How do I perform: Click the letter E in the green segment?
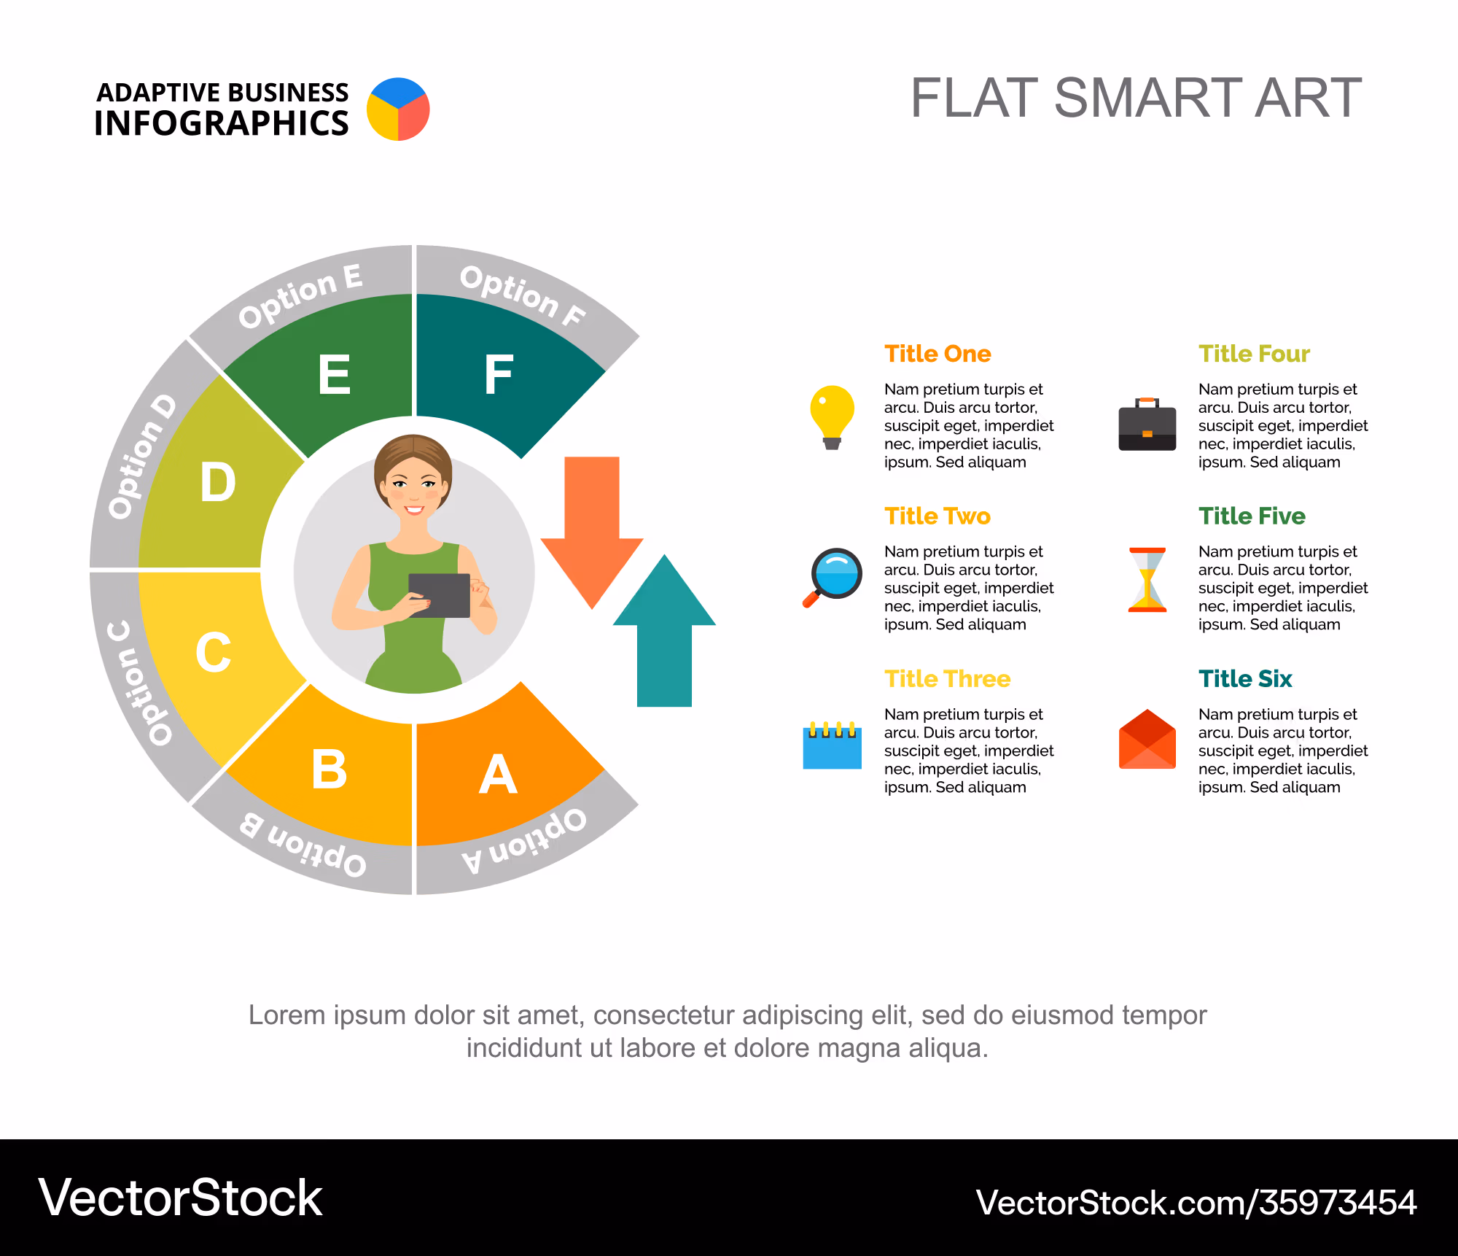click(335, 374)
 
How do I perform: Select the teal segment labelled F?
click(503, 365)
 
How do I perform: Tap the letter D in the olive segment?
click(218, 482)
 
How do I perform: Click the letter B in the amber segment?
click(329, 770)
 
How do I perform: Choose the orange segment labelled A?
click(503, 773)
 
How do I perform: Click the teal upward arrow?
click(664, 631)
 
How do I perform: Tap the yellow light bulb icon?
click(832, 416)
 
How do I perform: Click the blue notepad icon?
click(832, 745)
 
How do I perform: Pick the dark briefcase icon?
click(1147, 425)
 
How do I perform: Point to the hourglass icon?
click(1147, 579)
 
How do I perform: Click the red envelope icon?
click(1147, 740)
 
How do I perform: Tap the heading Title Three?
click(948, 679)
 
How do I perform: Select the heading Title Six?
click(1245, 679)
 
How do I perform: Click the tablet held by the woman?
click(440, 595)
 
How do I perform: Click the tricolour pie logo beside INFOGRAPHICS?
click(398, 109)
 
